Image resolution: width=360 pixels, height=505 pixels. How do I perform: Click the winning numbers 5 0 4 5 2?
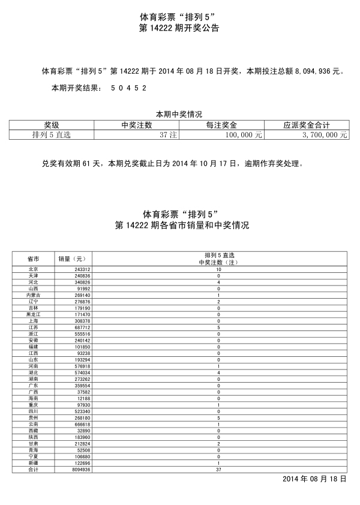128,88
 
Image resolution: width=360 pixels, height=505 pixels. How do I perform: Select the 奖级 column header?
52,125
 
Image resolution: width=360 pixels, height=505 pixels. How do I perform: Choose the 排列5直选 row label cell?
52,135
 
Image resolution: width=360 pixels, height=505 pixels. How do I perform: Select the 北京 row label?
33,270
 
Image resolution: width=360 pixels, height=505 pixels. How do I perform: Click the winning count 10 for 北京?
218,270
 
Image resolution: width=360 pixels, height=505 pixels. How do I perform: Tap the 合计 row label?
33,470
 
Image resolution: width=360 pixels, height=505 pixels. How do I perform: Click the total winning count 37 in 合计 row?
218,470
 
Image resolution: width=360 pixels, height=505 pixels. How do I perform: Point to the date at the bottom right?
314,480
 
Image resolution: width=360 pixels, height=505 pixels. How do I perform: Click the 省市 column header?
33,258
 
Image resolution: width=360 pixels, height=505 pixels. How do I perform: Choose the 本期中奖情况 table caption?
179,114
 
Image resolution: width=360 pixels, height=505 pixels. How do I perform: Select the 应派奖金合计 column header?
307,125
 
